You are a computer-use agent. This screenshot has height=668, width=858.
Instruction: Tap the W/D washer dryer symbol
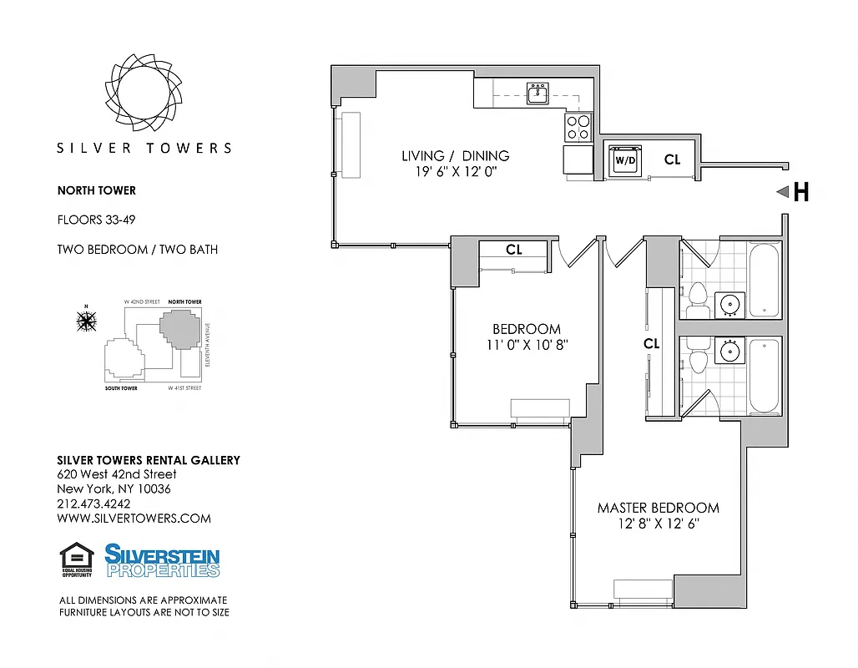click(625, 159)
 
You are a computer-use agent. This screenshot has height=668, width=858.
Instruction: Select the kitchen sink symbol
click(537, 94)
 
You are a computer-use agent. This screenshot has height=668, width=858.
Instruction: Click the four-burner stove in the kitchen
click(578, 127)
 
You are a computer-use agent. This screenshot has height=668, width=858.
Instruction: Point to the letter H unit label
click(800, 193)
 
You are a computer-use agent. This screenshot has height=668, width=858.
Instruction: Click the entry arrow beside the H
click(782, 192)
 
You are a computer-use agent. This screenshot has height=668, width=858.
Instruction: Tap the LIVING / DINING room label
click(455, 155)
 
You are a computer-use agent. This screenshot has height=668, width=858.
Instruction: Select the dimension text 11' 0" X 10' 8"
click(526, 344)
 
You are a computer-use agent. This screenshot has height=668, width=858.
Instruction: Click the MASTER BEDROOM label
click(658, 508)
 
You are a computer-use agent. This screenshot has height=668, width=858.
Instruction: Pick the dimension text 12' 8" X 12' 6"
click(658, 524)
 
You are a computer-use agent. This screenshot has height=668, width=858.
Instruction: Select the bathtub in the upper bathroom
click(765, 279)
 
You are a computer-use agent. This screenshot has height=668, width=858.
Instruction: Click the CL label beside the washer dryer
click(672, 159)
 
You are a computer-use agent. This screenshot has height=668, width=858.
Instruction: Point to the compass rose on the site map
click(85, 320)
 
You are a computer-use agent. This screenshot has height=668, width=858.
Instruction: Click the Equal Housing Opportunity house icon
click(77, 558)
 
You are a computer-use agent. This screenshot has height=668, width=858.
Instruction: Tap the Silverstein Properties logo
click(162, 560)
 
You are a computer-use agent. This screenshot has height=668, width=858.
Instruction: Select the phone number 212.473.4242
click(93, 504)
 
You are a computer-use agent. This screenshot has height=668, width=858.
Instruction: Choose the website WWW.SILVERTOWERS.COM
click(134, 518)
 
